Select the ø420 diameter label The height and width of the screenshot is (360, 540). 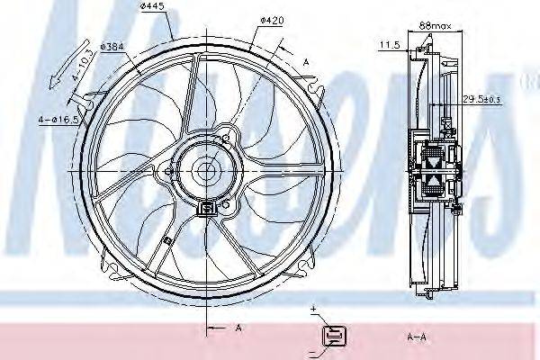[x=271, y=18]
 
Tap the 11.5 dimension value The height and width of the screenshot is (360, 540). [x=390, y=43]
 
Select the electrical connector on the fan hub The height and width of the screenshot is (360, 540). [x=208, y=208]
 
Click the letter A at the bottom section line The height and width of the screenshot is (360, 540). [x=238, y=328]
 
